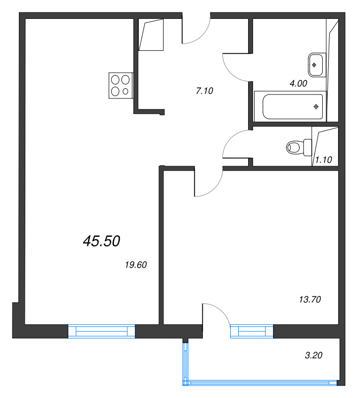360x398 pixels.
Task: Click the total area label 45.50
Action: click(101, 241)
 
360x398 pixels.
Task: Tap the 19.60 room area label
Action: click(136, 265)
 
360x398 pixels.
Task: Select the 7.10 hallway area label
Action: click(204, 91)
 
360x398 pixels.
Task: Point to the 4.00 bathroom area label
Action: click(298, 83)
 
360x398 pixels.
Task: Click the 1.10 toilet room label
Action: click(324, 160)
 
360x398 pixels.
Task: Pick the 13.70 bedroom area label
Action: click(310, 299)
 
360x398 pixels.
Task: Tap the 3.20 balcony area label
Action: click(314, 355)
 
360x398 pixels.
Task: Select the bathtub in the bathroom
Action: click(292, 106)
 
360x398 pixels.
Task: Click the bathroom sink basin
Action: click(315, 65)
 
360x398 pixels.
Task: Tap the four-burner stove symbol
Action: click(121, 86)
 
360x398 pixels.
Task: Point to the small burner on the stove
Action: click(125, 92)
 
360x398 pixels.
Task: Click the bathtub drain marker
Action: click(316, 107)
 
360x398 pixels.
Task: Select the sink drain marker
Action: click(314, 65)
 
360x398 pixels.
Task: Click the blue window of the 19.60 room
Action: click(101, 331)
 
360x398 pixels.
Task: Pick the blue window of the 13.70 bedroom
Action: click(252, 331)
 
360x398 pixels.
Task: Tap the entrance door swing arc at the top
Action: click(202, 36)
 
